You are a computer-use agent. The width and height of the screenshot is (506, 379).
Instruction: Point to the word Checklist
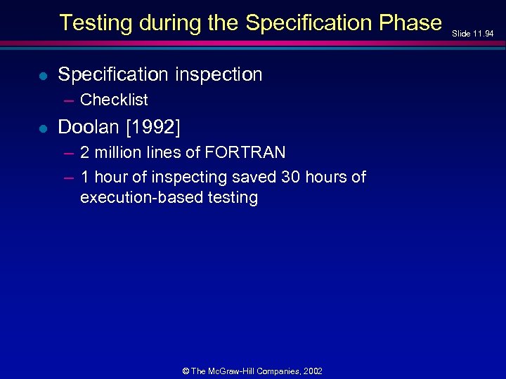[114, 100]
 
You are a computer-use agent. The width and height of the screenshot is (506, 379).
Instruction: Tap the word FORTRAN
[245, 152]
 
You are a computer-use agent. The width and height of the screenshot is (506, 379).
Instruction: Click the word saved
[254, 177]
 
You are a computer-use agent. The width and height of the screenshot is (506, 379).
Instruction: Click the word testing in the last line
[229, 198]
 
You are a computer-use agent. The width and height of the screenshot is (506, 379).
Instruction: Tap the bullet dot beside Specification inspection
[44, 75]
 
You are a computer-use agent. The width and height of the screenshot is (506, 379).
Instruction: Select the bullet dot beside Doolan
[44, 128]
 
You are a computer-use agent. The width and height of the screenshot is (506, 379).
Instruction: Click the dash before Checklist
[68, 100]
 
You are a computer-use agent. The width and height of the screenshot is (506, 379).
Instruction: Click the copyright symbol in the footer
[186, 371]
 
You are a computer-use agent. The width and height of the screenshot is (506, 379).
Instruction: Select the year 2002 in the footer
[312, 371]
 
